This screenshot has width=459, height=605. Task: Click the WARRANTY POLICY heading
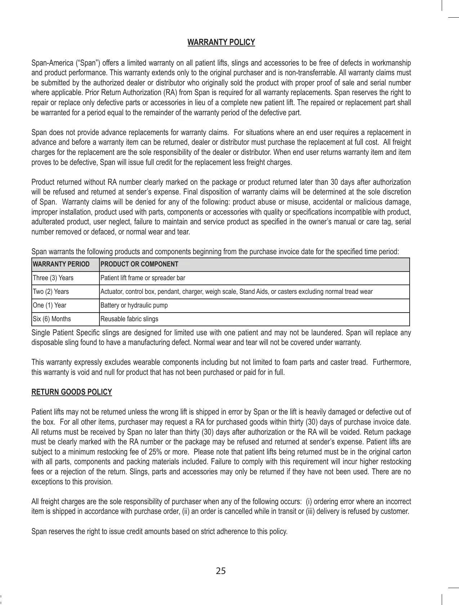pos(221,42)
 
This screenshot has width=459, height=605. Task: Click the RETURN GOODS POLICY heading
pos(71,392)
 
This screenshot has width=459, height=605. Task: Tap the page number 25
pos(220,571)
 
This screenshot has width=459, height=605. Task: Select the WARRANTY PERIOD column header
pos(61,264)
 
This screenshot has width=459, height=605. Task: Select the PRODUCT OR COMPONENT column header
pos(139,264)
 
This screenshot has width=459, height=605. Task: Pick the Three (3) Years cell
pos(53,278)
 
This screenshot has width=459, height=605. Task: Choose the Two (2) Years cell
pos(51,292)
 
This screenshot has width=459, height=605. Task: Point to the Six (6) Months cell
pos(52,319)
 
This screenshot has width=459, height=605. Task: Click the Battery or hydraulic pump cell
pos(134,305)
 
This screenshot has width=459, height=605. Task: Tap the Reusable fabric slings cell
pos(129,319)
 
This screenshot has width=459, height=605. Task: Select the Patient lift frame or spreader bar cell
pos(143,278)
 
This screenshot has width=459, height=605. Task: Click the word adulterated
pos(48,222)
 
